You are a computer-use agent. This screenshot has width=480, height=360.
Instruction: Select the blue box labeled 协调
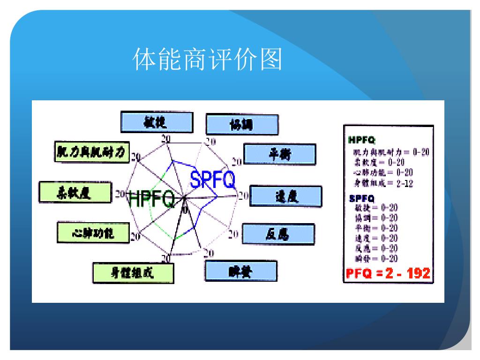[x=242, y=125]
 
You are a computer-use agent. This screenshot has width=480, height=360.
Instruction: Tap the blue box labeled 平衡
[x=280, y=154]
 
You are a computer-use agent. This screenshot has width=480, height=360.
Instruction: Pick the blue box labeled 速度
[x=286, y=196]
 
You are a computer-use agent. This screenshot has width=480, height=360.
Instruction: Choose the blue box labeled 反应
[x=278, y=233]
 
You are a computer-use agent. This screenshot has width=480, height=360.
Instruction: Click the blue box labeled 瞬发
[x=241, y=271]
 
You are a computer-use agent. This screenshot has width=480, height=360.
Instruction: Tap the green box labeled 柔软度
[x=75, y=192]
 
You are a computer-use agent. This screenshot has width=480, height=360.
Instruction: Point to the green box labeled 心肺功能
[x=92, y=232]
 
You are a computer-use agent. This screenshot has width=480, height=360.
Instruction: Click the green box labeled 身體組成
[x=133, y=273]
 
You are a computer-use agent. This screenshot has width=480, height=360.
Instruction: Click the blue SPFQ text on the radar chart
[x=212, y=180]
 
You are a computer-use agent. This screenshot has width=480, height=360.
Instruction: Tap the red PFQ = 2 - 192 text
[x=388, y=273]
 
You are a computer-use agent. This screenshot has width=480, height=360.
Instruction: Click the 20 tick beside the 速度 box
[x=243, y=196]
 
